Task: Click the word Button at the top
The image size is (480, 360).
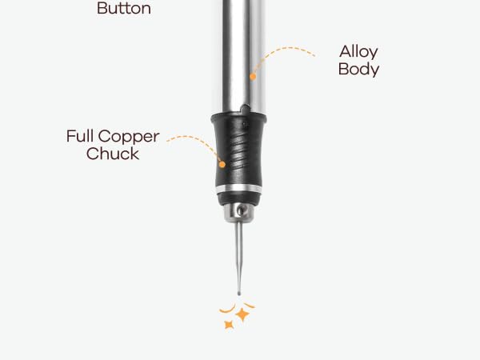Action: click(124, 8)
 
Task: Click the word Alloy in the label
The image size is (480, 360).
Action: click(358, 52)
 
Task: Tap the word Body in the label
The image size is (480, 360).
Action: click(358, 69)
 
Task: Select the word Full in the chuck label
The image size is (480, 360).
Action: click(80, 136)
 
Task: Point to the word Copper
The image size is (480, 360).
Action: click(129, 137)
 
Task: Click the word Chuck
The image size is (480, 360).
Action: click(113, 154)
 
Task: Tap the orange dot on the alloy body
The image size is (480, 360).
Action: click(253, 77)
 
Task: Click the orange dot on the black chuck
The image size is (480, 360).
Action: click(222, 164)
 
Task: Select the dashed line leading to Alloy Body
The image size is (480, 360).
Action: click(277, 52)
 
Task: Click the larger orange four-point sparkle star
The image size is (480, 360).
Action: click(242, 314)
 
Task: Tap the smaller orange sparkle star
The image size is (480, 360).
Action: click(229, 325)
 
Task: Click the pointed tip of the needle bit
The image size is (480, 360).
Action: click(238, 294)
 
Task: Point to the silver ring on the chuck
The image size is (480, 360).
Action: click(239, 189)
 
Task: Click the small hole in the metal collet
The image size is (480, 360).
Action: click(241, 210)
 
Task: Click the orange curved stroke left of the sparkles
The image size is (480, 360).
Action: click(228, 310)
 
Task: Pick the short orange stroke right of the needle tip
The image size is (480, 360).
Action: click(249, 305)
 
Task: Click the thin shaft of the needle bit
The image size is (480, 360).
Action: click(238, 257)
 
